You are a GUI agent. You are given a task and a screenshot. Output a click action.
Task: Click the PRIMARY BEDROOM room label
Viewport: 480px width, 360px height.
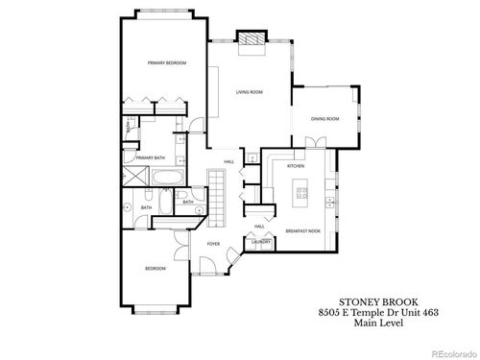point(166,62)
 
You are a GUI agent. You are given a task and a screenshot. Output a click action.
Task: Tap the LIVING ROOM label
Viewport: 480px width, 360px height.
point(250,93)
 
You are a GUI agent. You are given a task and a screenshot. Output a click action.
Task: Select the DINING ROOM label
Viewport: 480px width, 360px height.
point(325,118)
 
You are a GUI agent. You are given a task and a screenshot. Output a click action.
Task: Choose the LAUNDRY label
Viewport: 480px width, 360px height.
point(260,243)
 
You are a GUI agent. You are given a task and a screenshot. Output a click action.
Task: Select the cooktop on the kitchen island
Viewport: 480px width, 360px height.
point(303,195)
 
